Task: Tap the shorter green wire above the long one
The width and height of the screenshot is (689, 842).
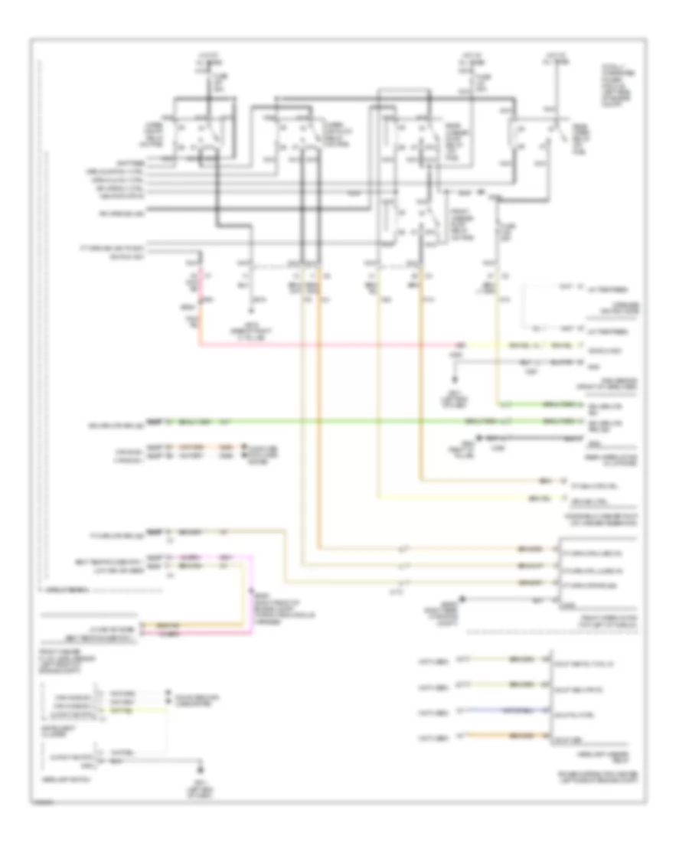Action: pos(536,403)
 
